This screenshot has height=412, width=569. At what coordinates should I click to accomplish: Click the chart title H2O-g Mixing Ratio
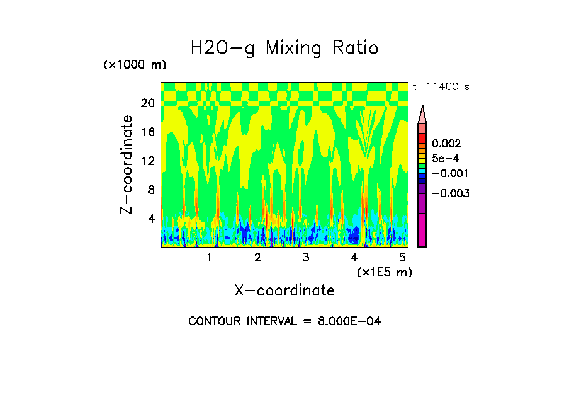tap(284, 48)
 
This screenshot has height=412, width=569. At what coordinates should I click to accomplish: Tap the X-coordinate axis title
tap(284, 290)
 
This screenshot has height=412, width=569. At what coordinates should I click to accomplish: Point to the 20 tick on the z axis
tap(148, 103)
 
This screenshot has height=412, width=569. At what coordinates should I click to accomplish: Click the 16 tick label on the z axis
tap(148, 132)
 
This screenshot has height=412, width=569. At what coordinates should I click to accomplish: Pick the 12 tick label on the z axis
tap(148, 161)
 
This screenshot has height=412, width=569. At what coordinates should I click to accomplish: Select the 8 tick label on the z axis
tap(151, 190)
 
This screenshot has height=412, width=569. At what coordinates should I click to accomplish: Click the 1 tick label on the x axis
tap(209, 258)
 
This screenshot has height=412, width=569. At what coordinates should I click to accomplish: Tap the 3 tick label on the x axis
tap(305, 258)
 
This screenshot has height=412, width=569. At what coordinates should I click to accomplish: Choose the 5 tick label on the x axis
tap(402, 258)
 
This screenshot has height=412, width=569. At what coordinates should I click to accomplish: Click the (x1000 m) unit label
tap(134, 66)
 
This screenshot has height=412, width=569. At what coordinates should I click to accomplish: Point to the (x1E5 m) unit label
tap(384, 272)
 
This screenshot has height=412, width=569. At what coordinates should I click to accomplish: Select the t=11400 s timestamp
tap(441, 87)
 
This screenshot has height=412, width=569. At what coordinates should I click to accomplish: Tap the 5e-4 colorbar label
tap(446, 158)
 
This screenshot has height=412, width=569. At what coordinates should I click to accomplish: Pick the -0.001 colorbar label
tap(450, 173)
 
